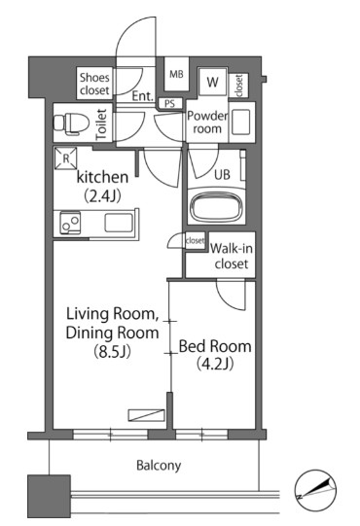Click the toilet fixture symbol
[71, 123]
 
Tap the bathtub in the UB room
[216, 206]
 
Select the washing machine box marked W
[213, 82]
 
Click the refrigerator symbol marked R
[66, 158]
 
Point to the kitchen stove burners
[70, 223]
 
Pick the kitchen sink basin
[118, 223]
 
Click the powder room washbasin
[240, 122]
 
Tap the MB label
[176, 74]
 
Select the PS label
[170, 104]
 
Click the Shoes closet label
[94, 84]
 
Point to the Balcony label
[159, 466]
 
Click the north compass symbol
[315, 489]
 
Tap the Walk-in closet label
[232, 256]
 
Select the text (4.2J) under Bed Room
[215, 363]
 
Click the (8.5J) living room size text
[112, 352]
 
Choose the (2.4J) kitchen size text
[102, 195]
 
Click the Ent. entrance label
[142, 96]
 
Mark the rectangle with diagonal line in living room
[146, 415]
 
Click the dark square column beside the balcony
[49, 496]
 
